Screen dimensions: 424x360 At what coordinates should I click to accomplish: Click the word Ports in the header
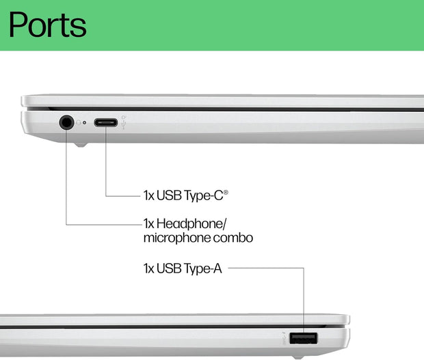click(48, 25)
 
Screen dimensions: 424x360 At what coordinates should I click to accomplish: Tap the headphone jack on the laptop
click(66, 122)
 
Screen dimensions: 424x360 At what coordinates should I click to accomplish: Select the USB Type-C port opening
click(106, 122)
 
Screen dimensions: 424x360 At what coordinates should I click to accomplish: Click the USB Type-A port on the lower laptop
click(303, 338)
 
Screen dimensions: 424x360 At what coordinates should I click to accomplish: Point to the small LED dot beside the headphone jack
click(84, 122)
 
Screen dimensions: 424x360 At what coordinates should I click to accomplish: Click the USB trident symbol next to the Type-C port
click(124, 125)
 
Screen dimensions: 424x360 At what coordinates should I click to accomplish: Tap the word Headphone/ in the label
click(191, 224)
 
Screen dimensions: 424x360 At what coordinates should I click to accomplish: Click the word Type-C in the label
click(204, 195)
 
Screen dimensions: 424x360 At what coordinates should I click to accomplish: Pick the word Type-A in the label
click(203, 268)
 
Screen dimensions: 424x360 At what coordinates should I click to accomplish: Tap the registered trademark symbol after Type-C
click(226, 192)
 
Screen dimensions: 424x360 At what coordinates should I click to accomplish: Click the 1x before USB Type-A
click(148, 268)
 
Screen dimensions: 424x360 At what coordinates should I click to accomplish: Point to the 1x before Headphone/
click(148, 224)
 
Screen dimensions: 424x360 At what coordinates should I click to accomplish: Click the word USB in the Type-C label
click(170, 195)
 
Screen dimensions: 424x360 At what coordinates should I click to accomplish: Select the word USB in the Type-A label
click(170, 268)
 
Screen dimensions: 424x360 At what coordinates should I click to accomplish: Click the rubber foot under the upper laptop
click(81, 145)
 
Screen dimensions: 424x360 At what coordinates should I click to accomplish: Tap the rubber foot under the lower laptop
click(298, 357)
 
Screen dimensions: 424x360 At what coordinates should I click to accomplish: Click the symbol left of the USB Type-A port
click(283, 338)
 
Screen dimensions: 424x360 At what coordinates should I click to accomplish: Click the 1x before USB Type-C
click(148, 195)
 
